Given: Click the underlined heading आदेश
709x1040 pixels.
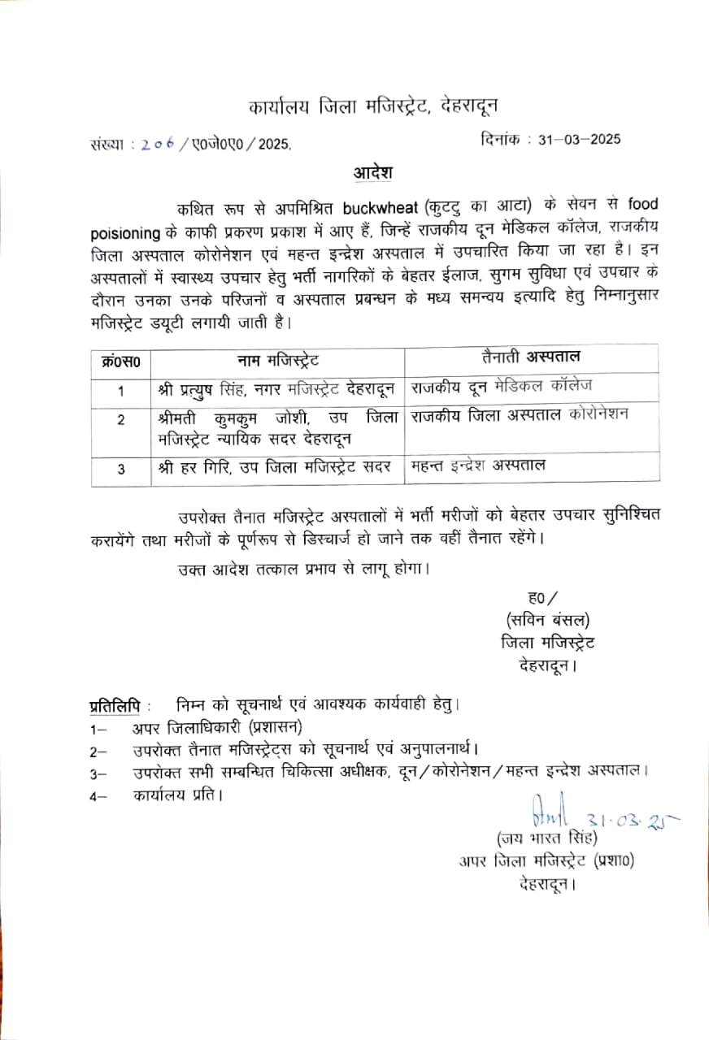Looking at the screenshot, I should pyautogui.click(x=373, y=172).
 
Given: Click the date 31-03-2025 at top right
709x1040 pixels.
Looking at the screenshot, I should pyautogui.click(x=574, y=139).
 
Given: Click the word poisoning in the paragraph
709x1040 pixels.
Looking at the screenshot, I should pyautogui.click(x=124, y=233).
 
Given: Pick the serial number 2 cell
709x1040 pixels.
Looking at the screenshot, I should pyautogui.click(x=121, y=420).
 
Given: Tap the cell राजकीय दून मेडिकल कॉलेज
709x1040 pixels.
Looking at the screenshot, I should pyautogui.click(x=502, y=385).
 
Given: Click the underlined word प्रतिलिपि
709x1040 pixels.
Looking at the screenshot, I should pyautogui.click(x=113, y=703).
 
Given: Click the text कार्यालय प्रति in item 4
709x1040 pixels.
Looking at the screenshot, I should pyautogui.click(x=178, y=795).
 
